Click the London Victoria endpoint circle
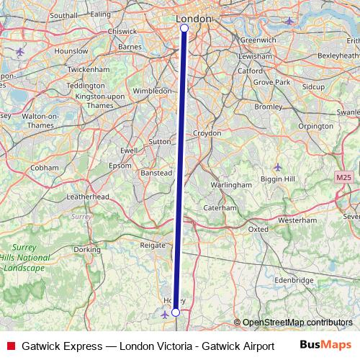point(184,27)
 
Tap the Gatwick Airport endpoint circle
point(175,312)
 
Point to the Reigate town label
point(152,246)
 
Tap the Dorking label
point(87,250)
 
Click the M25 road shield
point(343,177)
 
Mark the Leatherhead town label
point(87,197)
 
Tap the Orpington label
point(315,125)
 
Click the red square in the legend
point(10,346)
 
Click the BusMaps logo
point(325,345)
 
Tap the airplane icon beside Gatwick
point(164,314)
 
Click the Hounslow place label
point(71,51)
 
